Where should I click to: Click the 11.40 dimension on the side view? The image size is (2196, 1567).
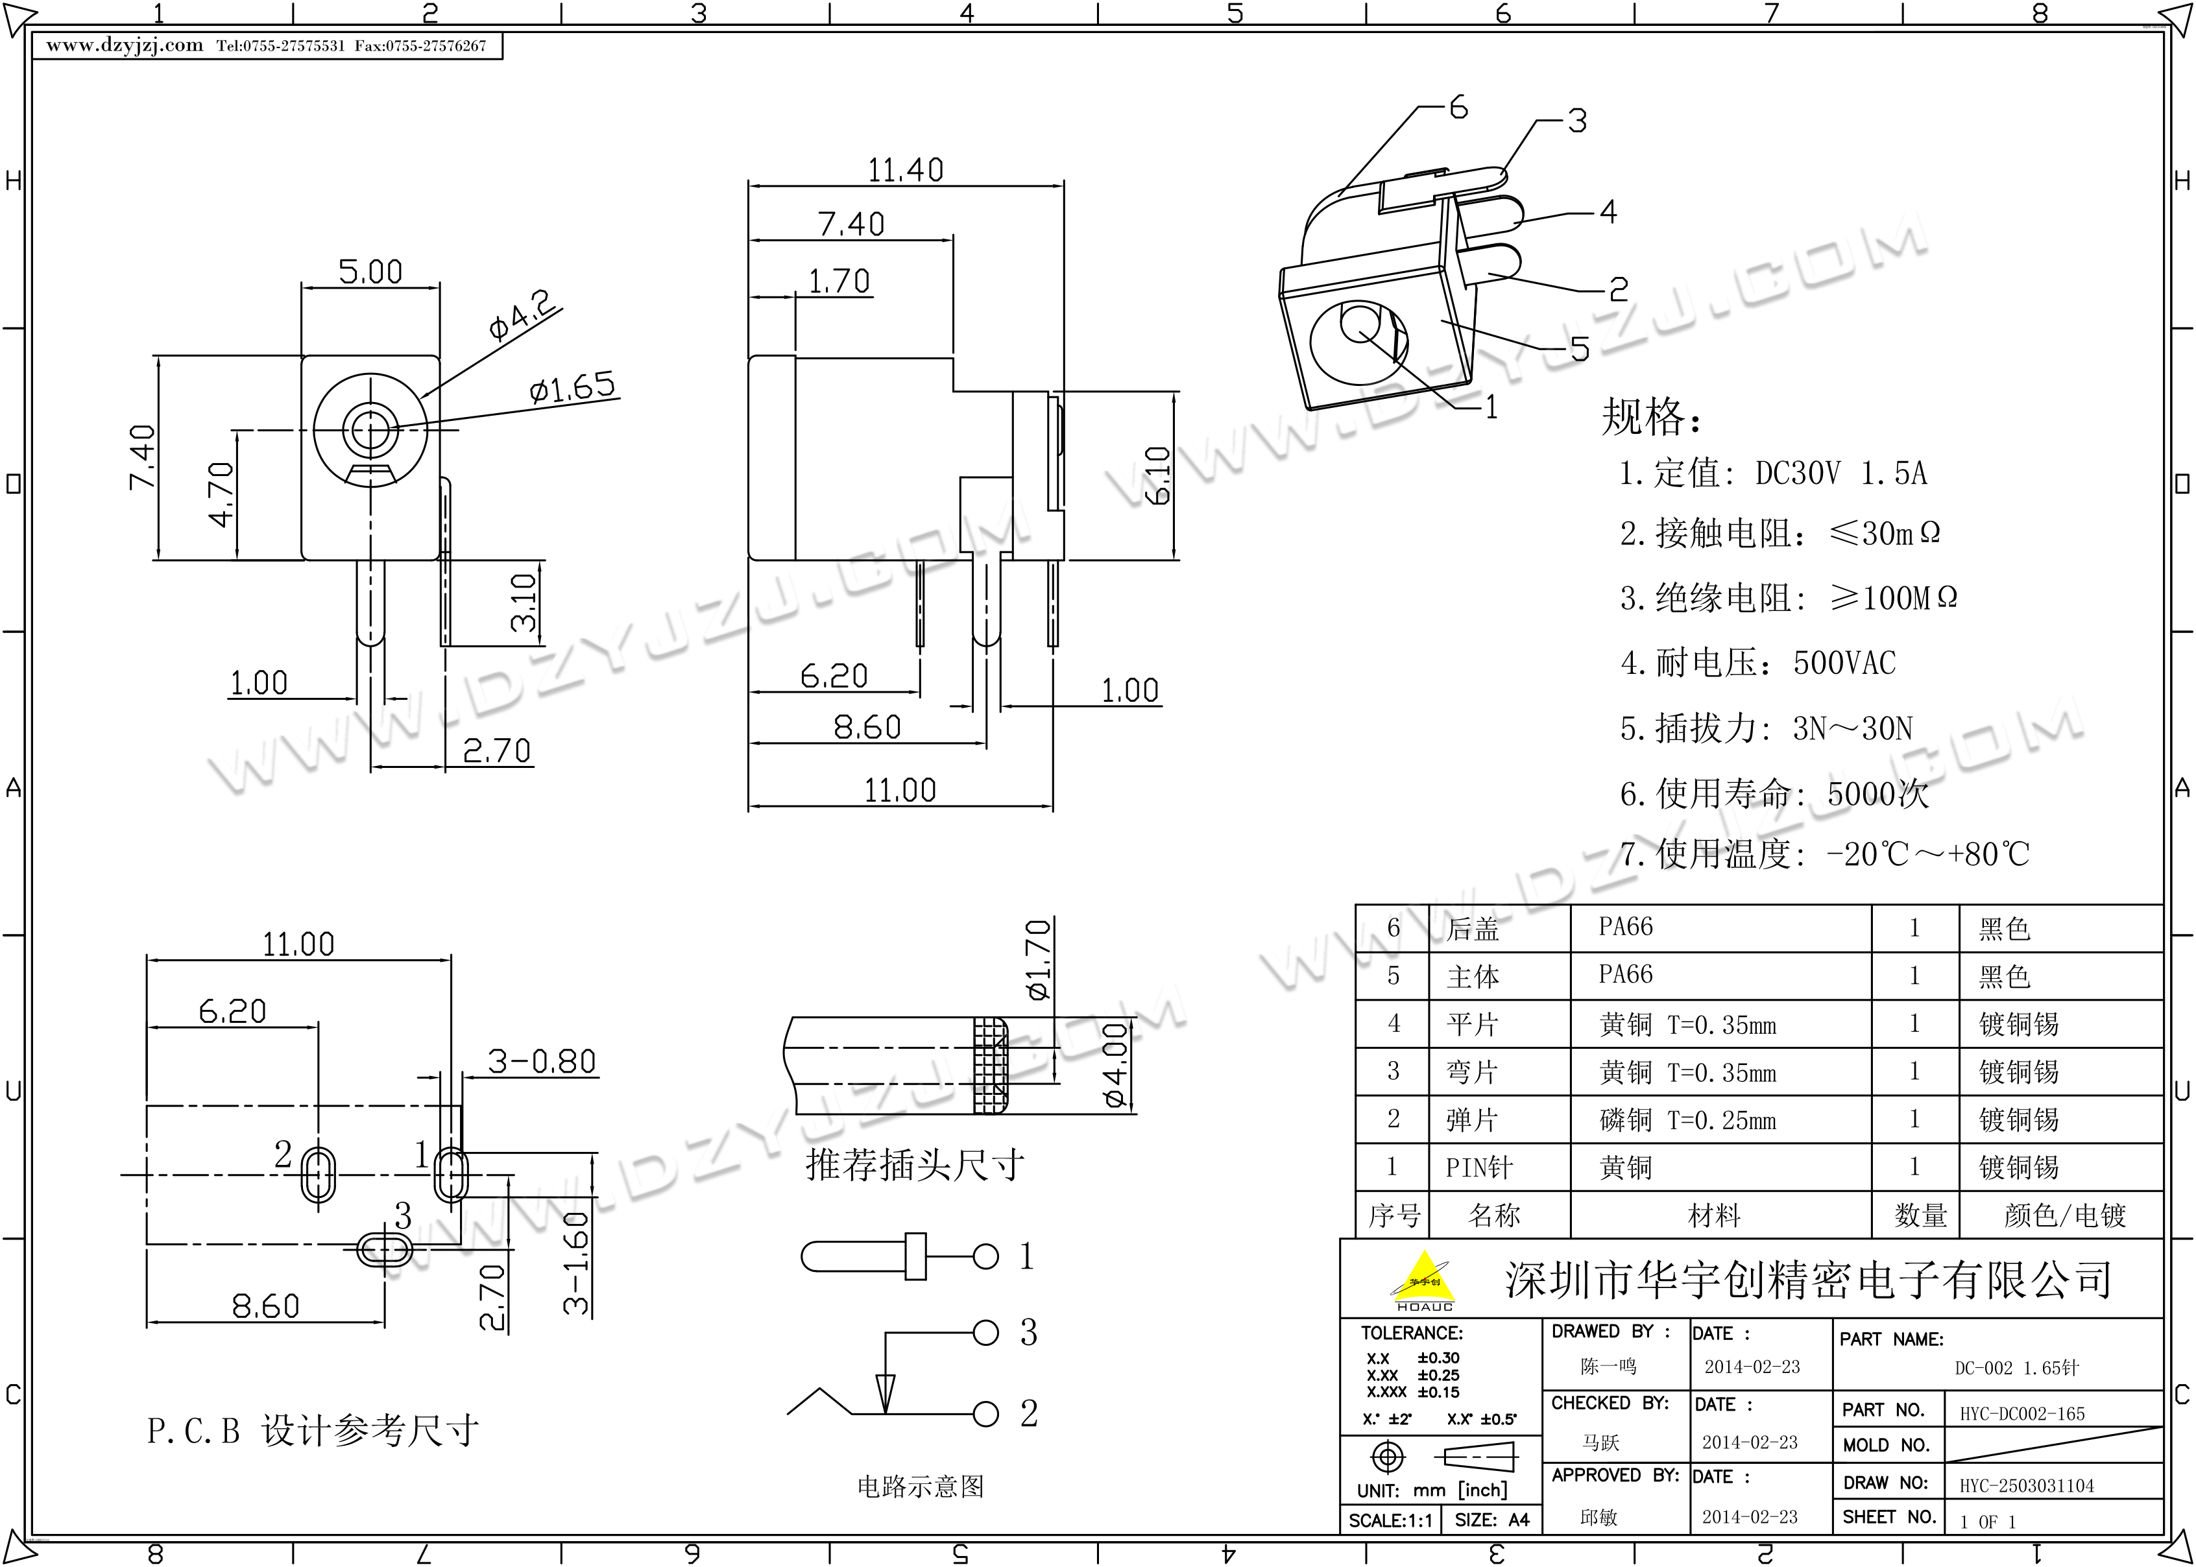[x=905, y=171]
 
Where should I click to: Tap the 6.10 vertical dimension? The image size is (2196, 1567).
[x=1159, y=475]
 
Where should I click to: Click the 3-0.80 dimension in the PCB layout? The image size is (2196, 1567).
[x=541, y=1061]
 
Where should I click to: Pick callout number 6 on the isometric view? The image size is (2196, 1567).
[x=1458, y=107]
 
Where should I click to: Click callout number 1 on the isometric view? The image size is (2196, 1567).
[x=1491, y=407]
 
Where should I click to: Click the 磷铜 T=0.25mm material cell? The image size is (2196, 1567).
[x=1687, y=1120]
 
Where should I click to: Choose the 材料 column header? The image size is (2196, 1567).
[x=1713, y=1215]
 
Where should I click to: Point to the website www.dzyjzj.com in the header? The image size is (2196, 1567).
[x=125, y=45]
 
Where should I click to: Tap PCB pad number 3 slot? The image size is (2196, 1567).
[x=384, y=1250]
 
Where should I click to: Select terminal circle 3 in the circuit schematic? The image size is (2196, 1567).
[x=985, y=1332]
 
